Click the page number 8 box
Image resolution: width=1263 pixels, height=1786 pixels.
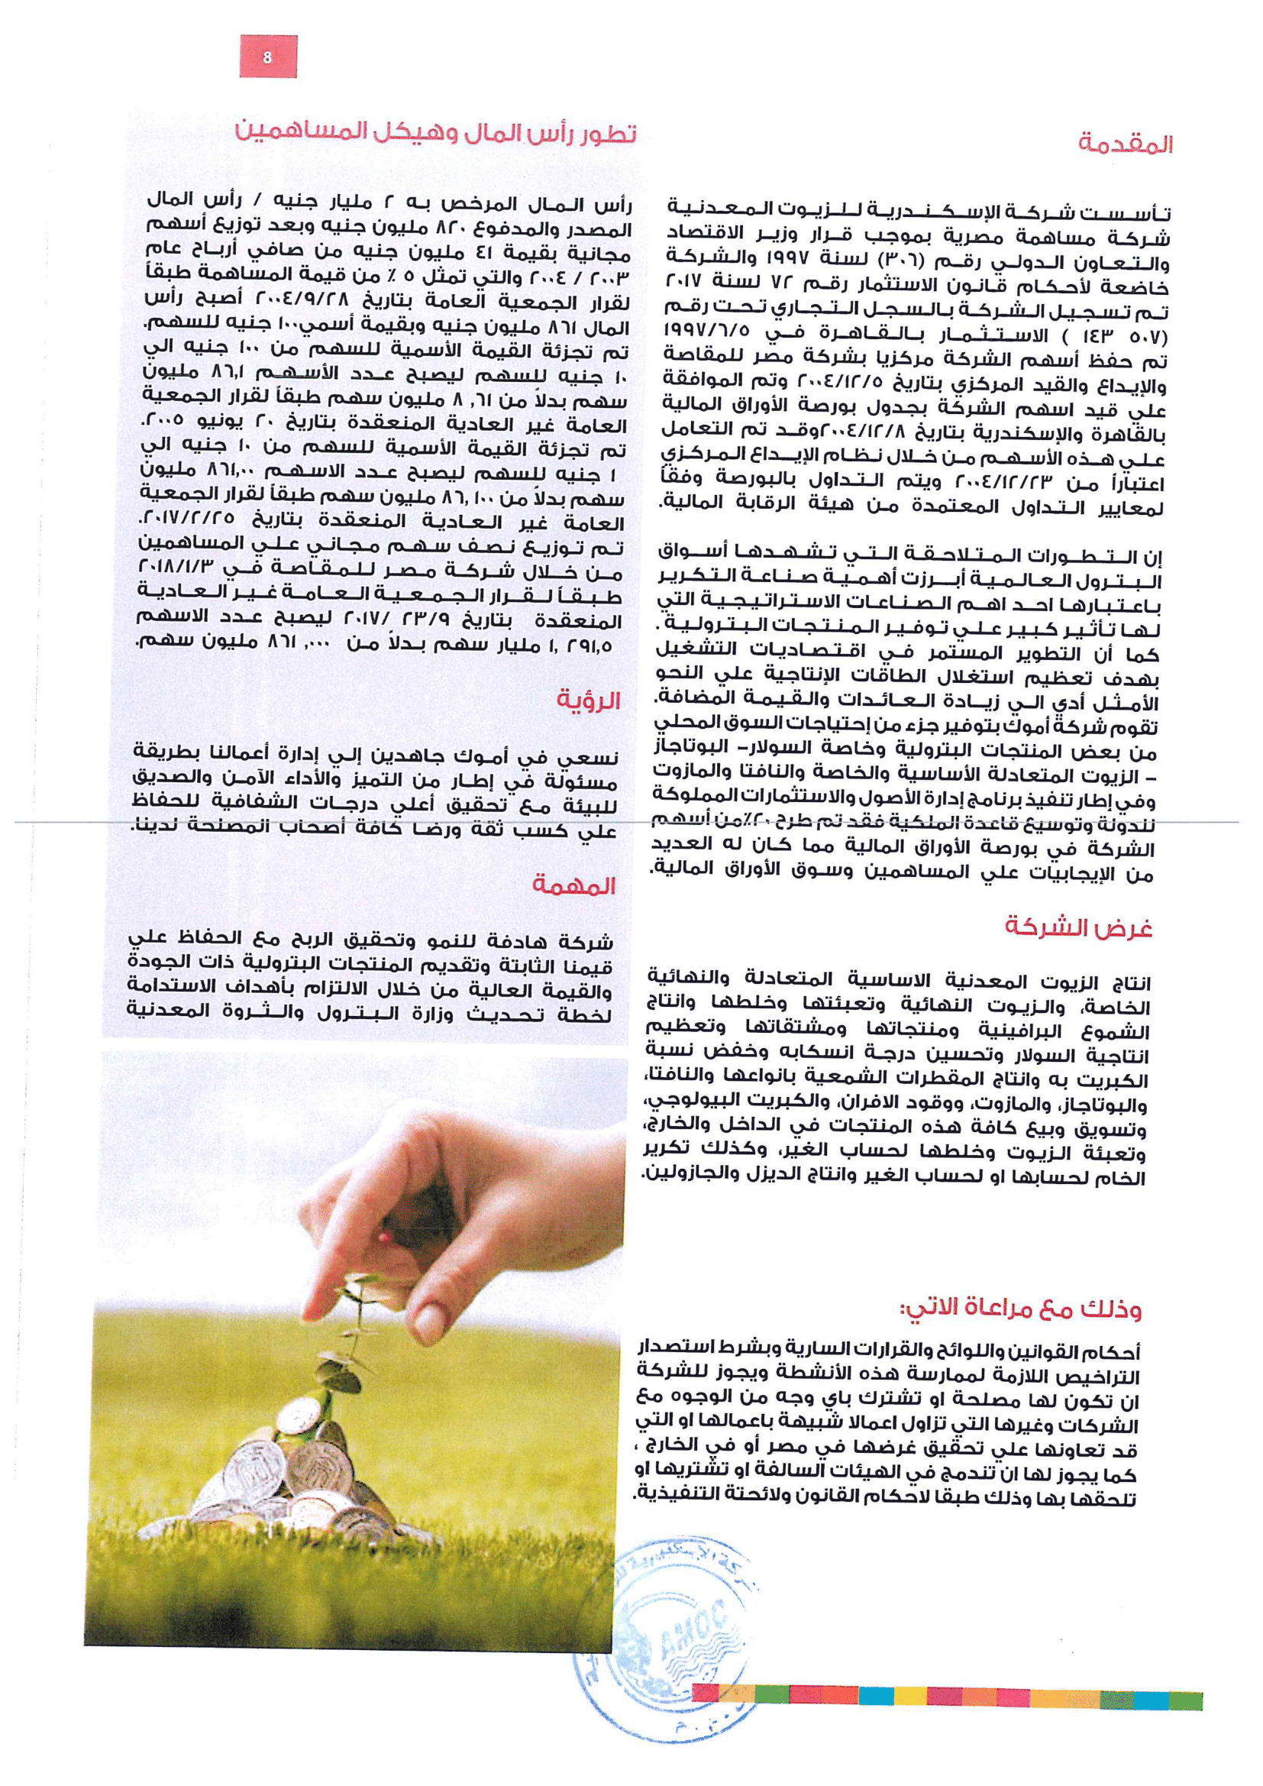(x=266, y=57)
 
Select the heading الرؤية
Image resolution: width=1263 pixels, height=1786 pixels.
(x=588, y=700)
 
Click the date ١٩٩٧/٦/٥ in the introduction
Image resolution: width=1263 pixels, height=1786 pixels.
(x=706, y=334)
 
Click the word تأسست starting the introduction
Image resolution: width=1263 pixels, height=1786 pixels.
(x=1136, y=212)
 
